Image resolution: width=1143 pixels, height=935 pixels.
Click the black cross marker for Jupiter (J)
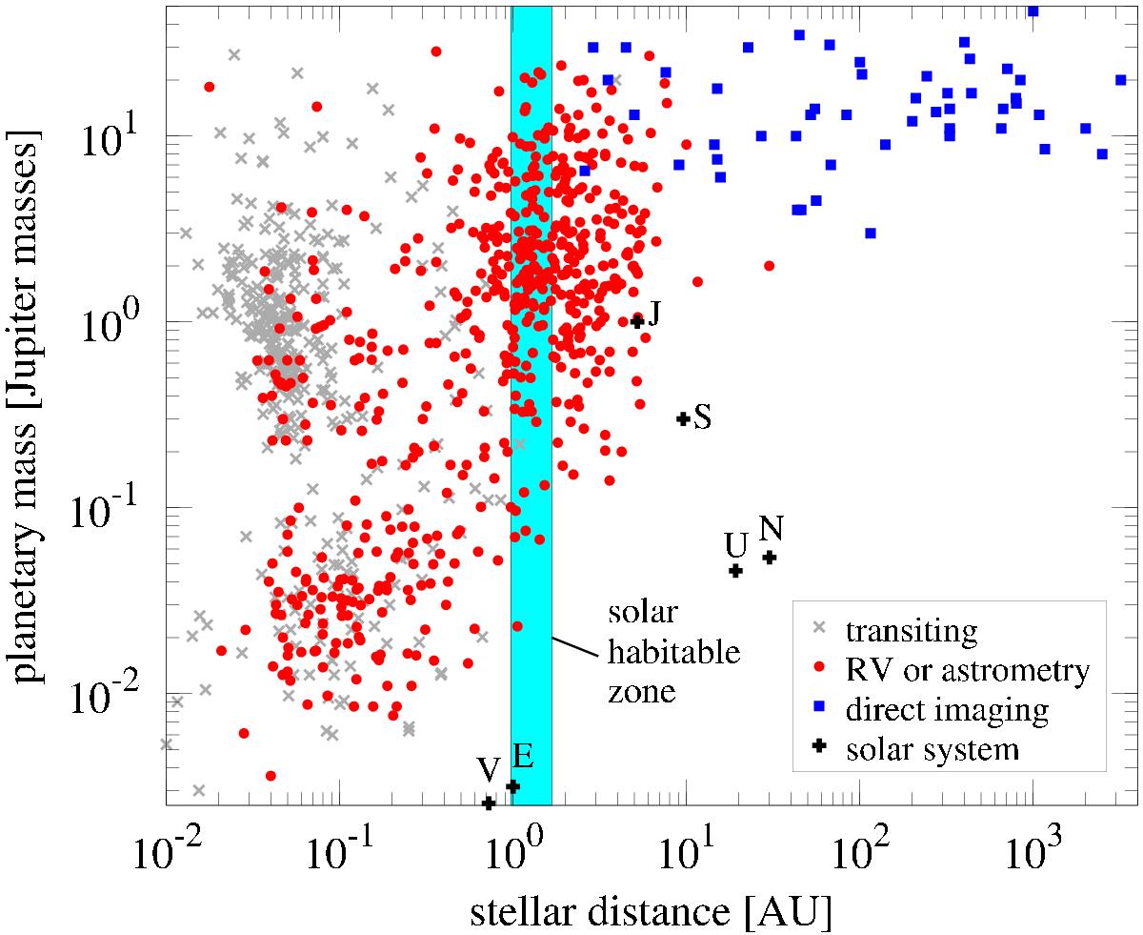pos(637,321)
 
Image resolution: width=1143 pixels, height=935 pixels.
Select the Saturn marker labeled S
pos(683,418)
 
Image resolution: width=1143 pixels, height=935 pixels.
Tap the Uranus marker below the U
pos(735,571)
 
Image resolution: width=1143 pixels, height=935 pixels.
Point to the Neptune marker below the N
pos(770,558)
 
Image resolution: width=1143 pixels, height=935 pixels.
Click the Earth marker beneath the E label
pos(512,786)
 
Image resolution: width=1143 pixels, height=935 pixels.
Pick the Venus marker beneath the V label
pos(489,803)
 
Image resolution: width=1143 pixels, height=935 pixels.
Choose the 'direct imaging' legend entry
pos(948,710)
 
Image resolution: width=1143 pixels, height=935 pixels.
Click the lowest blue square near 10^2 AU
pos(870,233)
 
